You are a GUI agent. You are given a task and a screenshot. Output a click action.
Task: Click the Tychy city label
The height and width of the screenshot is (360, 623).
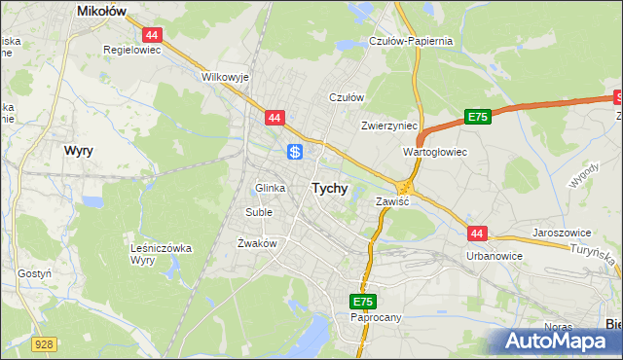pyautogui.click(x=329, y=189)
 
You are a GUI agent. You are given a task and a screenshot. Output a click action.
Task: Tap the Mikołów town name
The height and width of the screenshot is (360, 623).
pyautogui.click(x=105, y=12)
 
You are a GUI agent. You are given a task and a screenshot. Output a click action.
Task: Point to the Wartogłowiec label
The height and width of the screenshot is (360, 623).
pyautogui.click(x=435, y=153)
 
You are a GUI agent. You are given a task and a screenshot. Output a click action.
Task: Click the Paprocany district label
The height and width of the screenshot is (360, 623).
pyautogui.click(x=375, y=317)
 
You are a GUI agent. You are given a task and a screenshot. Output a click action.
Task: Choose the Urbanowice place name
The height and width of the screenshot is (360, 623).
pyautogui.click(x=495, y=256)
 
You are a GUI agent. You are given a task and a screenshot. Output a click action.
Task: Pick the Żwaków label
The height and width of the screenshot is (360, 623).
pyautogui.click(x=258, y=243)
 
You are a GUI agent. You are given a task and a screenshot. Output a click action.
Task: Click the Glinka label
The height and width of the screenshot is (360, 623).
pyautogui.click(x=270, y=188)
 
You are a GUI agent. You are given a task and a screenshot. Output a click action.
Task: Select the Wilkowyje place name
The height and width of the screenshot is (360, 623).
pyautogui.click(x=226, y=76)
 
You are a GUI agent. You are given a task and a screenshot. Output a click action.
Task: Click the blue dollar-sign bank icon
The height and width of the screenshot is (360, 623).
pyautogui.click(x=295, y=152)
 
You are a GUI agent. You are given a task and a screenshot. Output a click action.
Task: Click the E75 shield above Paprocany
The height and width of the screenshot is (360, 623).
pyautogui.click(x=364, y=303)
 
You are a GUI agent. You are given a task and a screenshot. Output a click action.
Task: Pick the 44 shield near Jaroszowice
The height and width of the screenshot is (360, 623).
pyautogui.click(x=476, y=234)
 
